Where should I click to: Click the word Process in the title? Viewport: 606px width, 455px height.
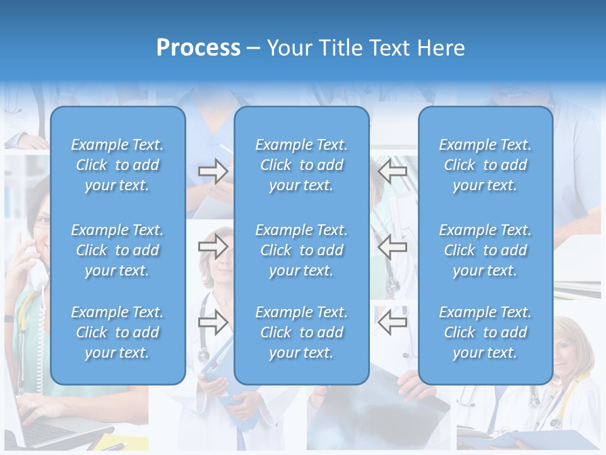pos(198,47)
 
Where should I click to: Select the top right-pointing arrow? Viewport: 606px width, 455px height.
pos(213,171)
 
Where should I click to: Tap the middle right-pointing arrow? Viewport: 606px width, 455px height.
pos(213,246)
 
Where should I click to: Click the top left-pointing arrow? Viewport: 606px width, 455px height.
pos(392,171)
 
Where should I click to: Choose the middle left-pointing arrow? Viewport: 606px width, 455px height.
pos(392,246)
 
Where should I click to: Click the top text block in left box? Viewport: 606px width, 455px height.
pos(117,165)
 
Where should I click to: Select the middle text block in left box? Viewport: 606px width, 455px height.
pos(117,250)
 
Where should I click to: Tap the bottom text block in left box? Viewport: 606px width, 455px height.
pos(117,332)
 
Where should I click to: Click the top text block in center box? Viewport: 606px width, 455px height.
pos(301,165)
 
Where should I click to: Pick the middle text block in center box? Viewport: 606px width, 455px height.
pos(301,250)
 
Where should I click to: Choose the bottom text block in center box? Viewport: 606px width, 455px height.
pos(301,332)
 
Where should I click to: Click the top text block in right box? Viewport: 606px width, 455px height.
pos(485,165)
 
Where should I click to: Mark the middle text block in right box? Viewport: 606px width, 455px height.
pos(485,250)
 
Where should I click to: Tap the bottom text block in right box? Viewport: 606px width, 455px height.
pos(485,332)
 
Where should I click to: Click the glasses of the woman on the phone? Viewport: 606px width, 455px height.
pos(40,221)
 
